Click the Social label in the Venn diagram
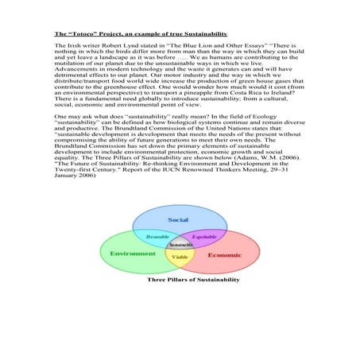pos(178,219)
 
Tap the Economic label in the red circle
pos(225,256)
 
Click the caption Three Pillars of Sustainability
pos(193,281)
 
